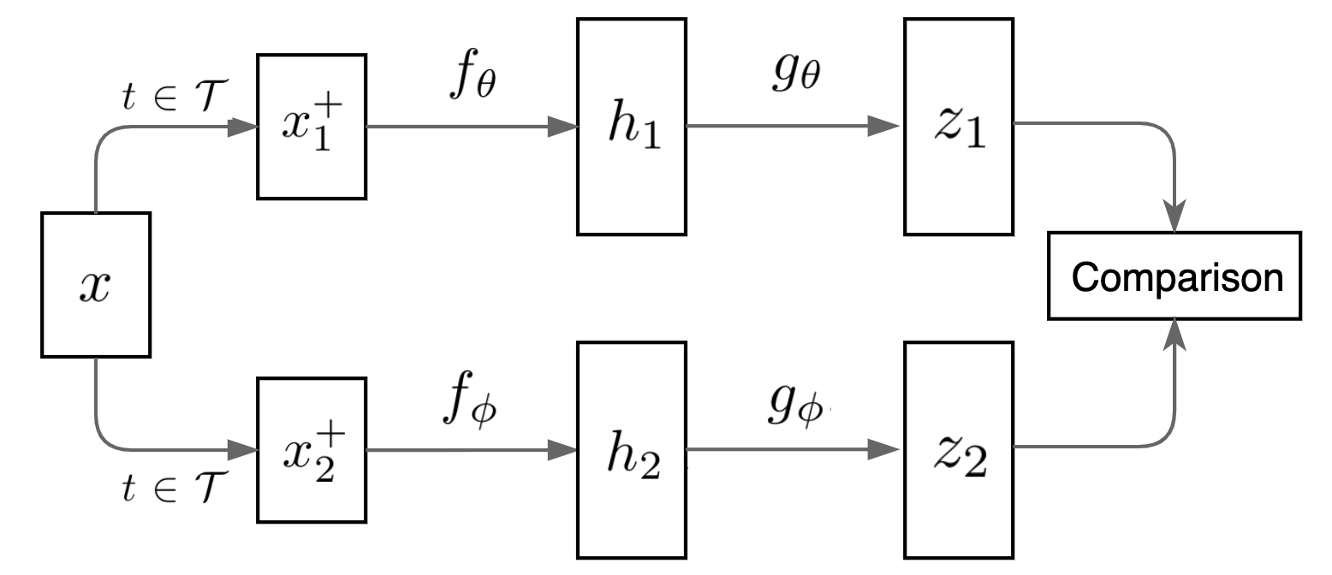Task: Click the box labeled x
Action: pyautogui.click(x=96, y=285)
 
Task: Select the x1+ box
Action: pyautogui.click(x=312, y=127)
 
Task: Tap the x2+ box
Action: pyautogui.click(x=312, y=449)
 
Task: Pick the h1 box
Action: pyautogui.click(x=632, y=127)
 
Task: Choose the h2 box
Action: pyautogui.click(x=632, y=449)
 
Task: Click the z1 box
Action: pyautogui.click(x=959, y=127)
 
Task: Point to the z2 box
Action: pyautogui.click(x=959, y=449)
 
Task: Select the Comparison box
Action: pyautogui.click(x=1179, y=277)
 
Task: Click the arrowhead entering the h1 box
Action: pyautogui.click(x=563, y=127)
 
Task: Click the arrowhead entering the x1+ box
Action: pyautogui.click(x=243, y=127)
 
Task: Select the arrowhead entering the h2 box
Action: pyautogui.click(x=563, y=448)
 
